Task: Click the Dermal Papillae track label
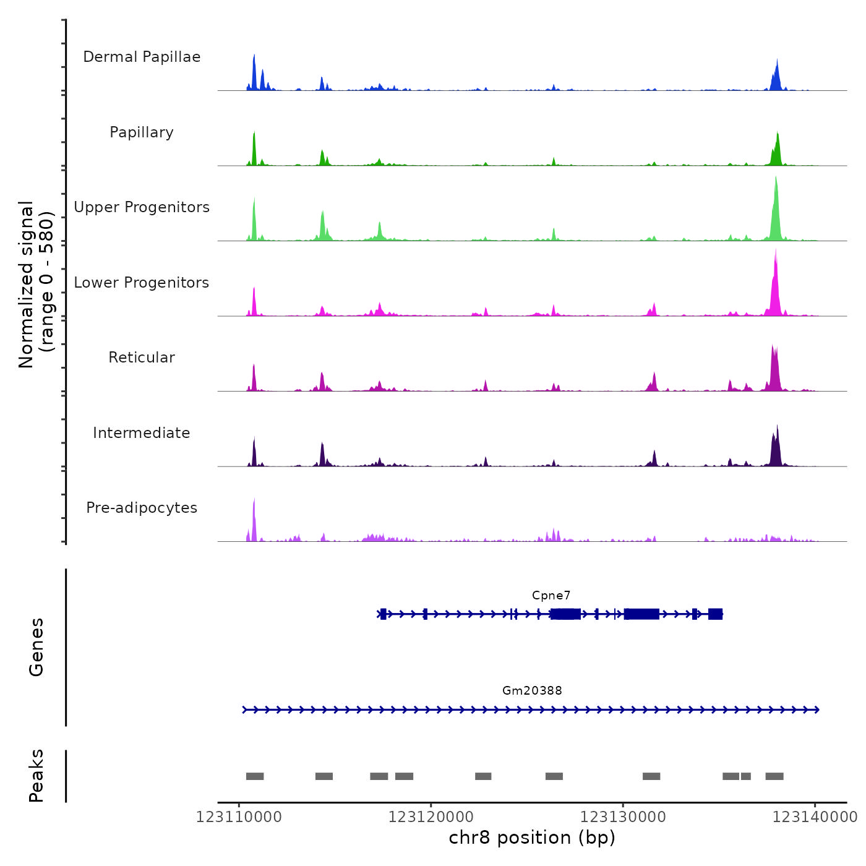(142, 57)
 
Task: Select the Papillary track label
(142, 132)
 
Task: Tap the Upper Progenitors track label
(142, 207)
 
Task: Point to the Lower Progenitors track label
(142, 283)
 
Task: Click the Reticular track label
(142, 358)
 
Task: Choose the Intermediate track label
(142, 433)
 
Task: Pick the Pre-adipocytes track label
(142, 508)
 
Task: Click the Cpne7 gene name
(551, 596)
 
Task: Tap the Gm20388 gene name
(532, 691)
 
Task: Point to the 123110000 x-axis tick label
(239, 817)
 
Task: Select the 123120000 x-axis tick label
(431, 817)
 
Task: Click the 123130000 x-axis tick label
(623, 817)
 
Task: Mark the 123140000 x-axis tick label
(815, 817)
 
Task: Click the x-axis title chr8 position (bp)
(532, 838)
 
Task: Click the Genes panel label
(36, 647)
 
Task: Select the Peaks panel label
(36, 776)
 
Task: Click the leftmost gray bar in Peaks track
(255, 776)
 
